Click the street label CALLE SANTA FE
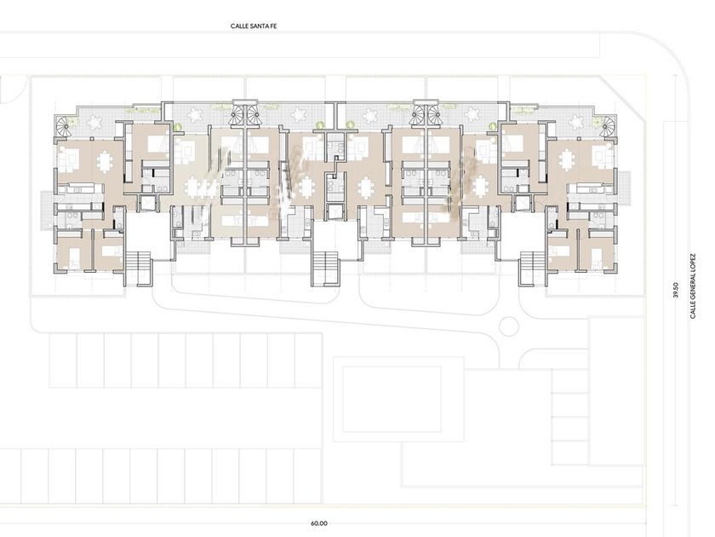pos(254,26)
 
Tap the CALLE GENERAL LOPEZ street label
pos(693,286)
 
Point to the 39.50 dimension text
pos(676,290)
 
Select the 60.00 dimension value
pos(319,523)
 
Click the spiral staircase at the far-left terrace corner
pos(63,126)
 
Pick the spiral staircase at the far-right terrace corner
pos(609,126)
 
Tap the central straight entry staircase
pos(326,268)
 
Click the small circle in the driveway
pos(509,326)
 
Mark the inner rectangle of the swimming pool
pos(392,399)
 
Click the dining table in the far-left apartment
pos(105,161)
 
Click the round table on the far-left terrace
pos(94,123)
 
